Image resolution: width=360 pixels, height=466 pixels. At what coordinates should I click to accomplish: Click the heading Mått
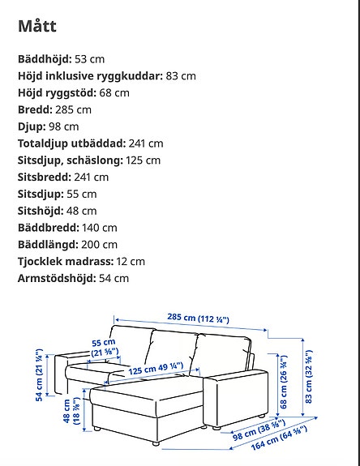[x=36, y=25]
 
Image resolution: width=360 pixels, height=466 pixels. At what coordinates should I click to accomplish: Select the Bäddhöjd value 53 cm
[x=89, y=59]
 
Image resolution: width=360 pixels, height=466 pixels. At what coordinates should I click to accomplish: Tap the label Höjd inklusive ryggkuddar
[x=88, y=76]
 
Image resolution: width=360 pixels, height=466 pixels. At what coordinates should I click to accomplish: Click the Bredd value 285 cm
[x=73, y=109]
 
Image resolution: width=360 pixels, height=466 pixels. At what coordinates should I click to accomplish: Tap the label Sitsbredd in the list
[x=42, y=177]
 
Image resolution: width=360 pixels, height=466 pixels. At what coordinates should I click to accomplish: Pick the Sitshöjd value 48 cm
[x=83, y=211]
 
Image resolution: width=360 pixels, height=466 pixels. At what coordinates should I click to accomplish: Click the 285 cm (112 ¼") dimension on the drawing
[x=200, y=319]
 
